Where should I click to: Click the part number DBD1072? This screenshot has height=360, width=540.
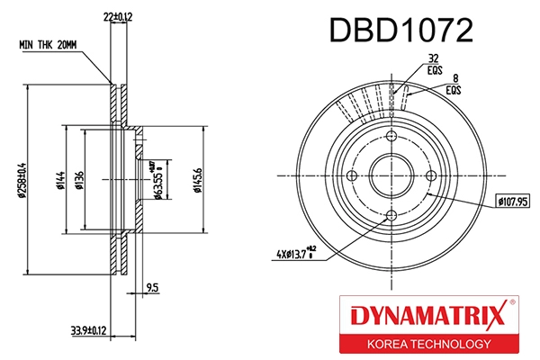(400, 31)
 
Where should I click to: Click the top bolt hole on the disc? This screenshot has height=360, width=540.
(391, 136)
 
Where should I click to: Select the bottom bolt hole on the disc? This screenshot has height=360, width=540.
(391, 215)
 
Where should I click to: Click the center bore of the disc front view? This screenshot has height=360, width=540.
(391, 175)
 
